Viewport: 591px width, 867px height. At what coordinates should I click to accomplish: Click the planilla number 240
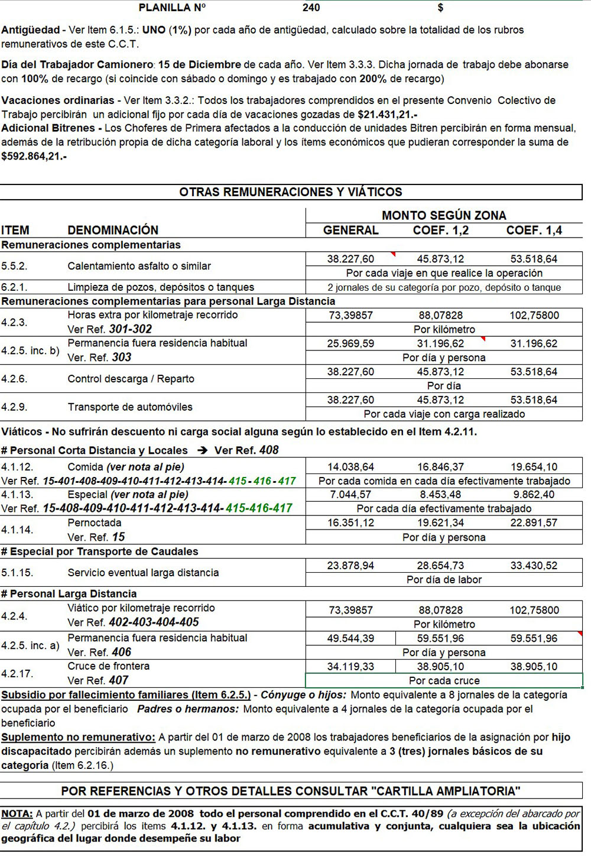tap(311, 8)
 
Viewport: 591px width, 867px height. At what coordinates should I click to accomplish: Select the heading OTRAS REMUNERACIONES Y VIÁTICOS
tap(291, 192)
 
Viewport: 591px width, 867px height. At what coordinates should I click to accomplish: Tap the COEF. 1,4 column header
tap(534, 230)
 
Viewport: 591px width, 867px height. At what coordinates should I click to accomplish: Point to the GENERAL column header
tap(350, 230)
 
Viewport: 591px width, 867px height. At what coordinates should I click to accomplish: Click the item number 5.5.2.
tap(14, 267)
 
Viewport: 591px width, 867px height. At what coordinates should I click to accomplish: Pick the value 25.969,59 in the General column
tap(350, 343)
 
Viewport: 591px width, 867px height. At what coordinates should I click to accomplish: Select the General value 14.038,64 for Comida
tap(350, 467)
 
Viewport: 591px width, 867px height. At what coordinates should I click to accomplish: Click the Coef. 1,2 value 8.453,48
tap(440, 495)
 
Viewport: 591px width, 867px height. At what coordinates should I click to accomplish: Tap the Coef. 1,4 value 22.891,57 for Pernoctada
tap(534, 523)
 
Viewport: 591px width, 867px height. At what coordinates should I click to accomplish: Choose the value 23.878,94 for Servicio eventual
tap(350, 566)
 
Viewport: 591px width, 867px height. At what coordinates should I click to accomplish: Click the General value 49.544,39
tap(350, 638)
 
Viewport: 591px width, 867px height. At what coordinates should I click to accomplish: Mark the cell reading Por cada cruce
tap(444, 681)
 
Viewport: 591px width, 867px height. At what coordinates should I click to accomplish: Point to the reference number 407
tap(118, 681)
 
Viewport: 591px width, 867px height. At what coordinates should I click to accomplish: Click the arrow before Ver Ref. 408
tap(203, 450)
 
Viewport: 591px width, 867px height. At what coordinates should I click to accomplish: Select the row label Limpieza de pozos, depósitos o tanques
tap(161, 287)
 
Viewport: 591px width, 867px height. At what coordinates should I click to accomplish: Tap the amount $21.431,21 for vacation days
tap(387, 115)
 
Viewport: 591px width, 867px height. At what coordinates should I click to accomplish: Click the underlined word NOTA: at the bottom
tap(17, 814)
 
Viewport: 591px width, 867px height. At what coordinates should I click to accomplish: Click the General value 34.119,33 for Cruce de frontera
tap(350, 667)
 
